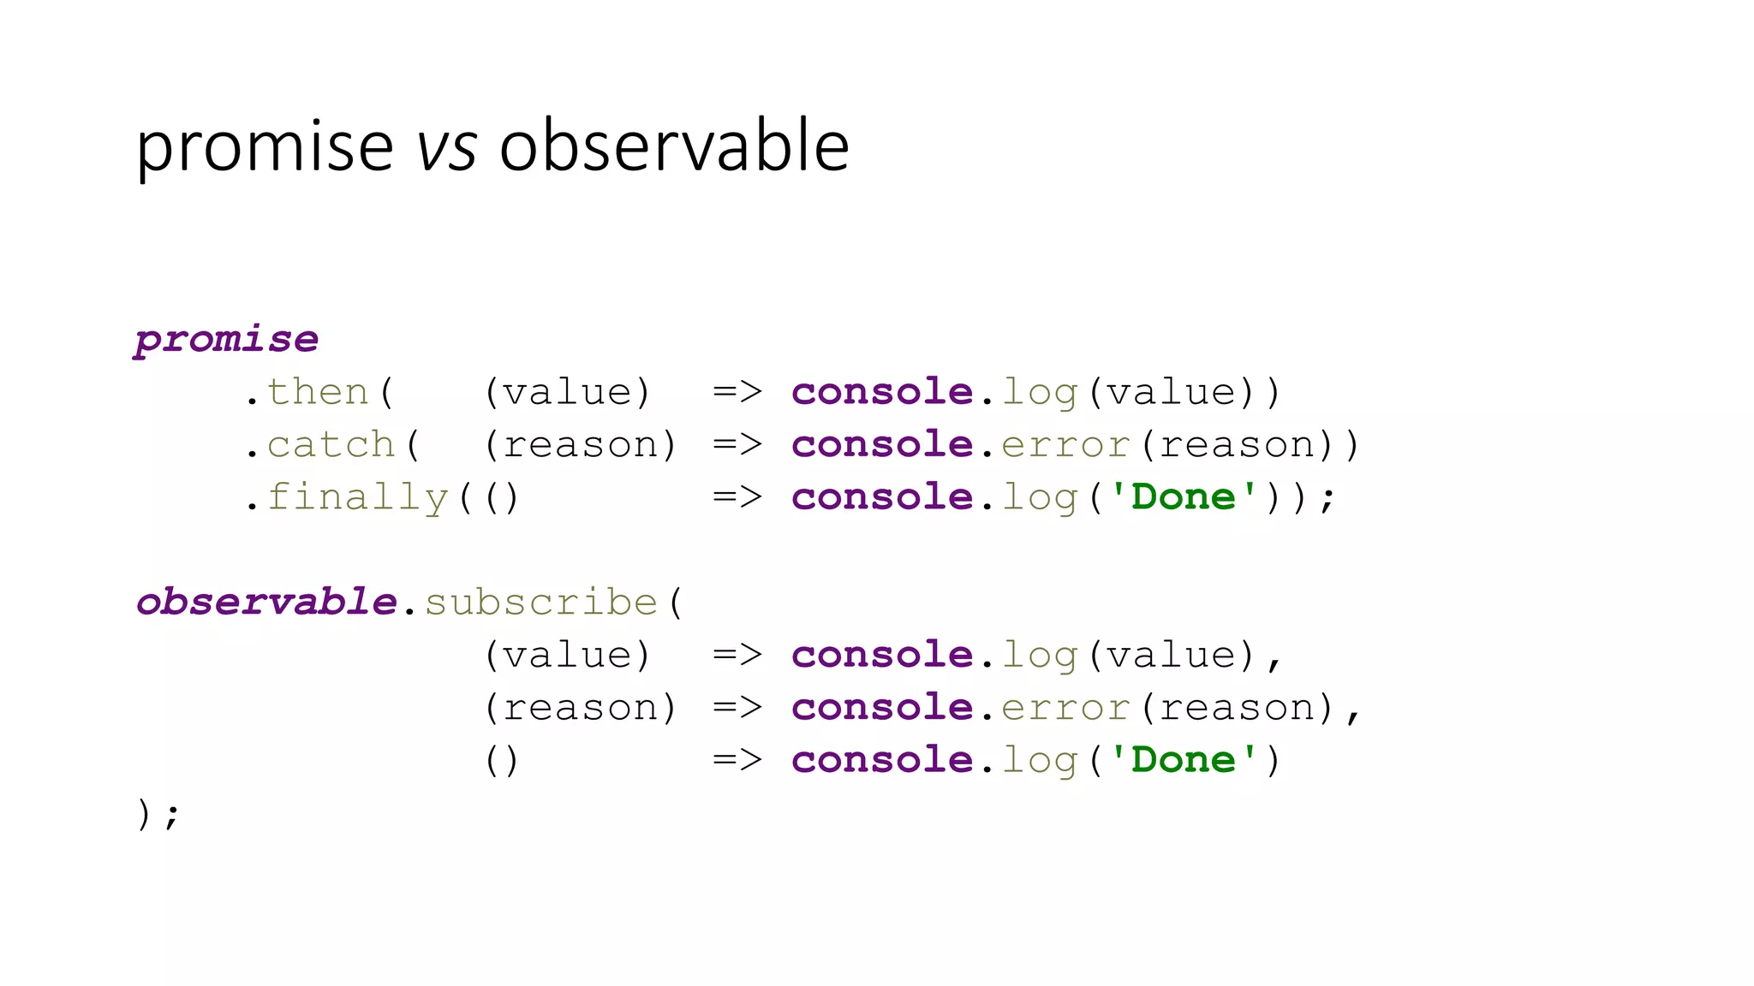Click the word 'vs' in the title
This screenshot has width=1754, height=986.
[x=446, y=147]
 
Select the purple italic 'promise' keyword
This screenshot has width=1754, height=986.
[x=227, y=341]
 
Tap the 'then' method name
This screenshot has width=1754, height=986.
[x=318, y=392]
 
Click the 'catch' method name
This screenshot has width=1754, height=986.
[x=331, y=445]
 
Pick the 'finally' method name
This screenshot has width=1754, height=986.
[x=358, y=497]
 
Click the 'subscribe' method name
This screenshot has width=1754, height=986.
[x=541, y=603]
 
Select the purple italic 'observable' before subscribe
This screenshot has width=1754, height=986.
[x=266, y=602]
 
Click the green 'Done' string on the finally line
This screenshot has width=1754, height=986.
[x=1184, y=497]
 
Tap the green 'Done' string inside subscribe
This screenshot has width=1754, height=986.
[x=1184, y=760]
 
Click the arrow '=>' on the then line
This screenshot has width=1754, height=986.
[x=737, y=392]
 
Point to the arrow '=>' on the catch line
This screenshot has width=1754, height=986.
[x=737, y=445]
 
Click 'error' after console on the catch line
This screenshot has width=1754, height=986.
[x=1065, y=445]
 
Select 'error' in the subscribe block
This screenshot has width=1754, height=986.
[x=1065, y=708]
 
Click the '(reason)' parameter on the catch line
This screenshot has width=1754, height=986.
[x=581, y=445]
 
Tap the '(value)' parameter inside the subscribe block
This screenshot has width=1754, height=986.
[x=568, y=656]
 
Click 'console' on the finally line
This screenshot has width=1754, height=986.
[x=882, y=497]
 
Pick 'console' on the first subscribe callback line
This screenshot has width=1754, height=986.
[x=882, y=656]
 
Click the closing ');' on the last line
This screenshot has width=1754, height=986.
[x=158, y=813]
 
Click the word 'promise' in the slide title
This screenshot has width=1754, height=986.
[x=265, y=147]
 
